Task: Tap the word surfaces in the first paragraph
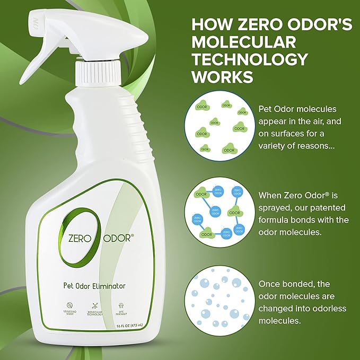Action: (x=289, y=135)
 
